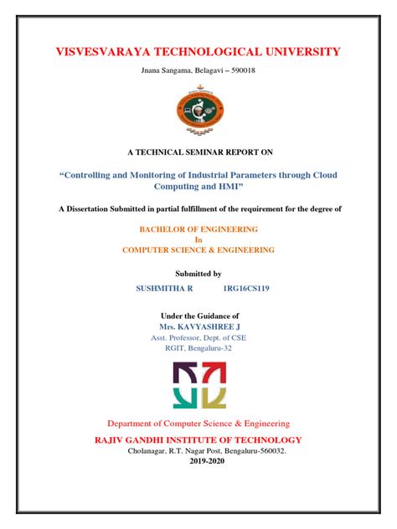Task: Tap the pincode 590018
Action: click(239, 70)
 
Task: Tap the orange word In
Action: click(198, 239)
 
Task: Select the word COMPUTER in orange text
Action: click(154, 250)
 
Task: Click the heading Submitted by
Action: click(198, 274)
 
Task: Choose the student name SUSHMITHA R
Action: click(164, 288)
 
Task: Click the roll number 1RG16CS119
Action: click(246, 288)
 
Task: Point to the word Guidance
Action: click(219, 314)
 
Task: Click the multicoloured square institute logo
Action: click(198, 384)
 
